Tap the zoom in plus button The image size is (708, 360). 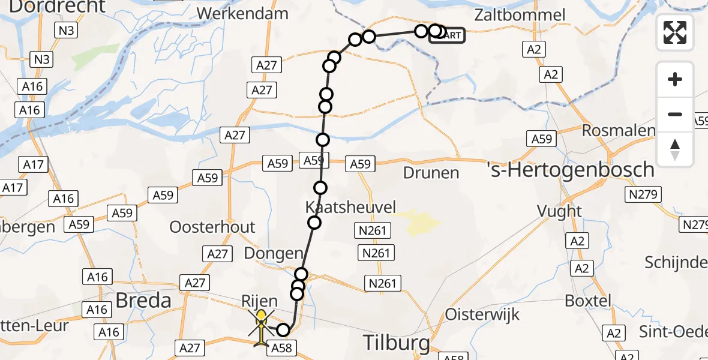pos(675,79)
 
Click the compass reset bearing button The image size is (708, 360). pos(675,149)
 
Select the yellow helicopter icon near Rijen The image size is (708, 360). pos(262,327)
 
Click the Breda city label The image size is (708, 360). pos(143,300)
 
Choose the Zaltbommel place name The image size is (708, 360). pos(520,15)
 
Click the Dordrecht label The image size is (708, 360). pos(58,7)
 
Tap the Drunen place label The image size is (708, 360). pos(431,173)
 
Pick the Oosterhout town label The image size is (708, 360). pos(212,227)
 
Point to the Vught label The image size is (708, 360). pos(560,211)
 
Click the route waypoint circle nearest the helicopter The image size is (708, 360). pos(283,329)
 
